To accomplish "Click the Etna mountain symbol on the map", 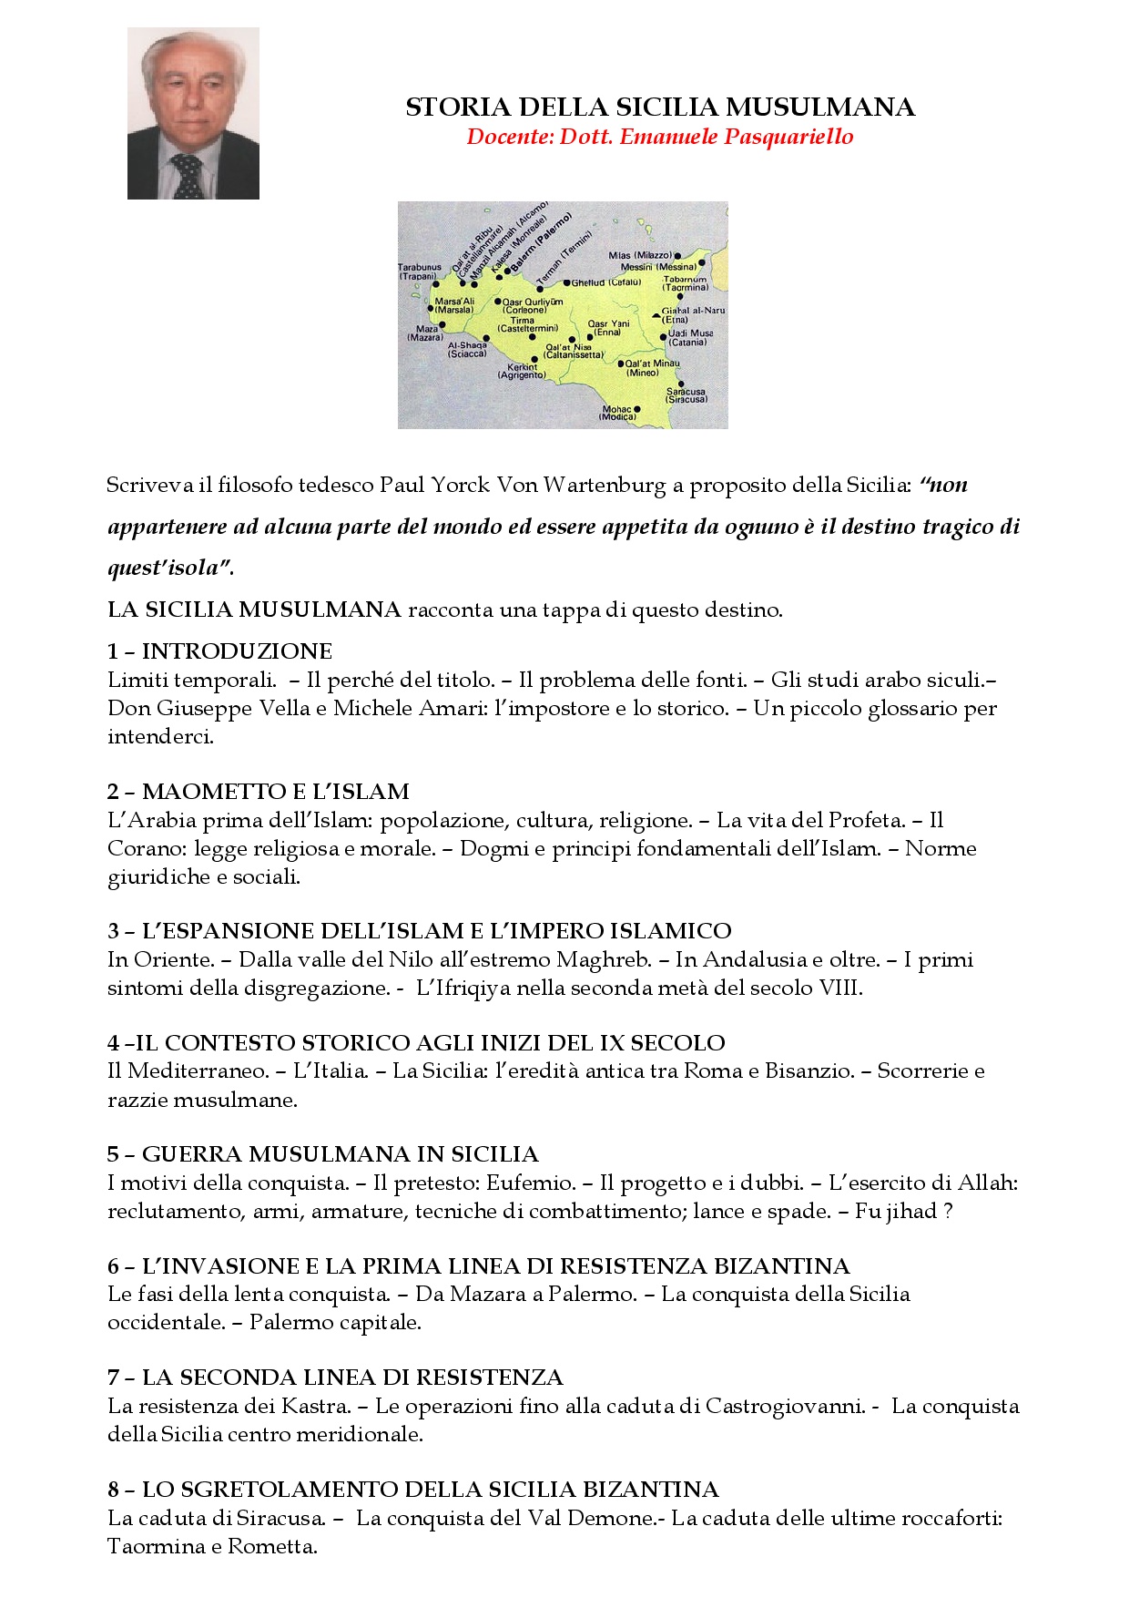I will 656,315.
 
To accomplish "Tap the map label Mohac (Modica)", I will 618,414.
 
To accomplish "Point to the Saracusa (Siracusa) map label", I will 686,395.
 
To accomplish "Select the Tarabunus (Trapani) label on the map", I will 419,271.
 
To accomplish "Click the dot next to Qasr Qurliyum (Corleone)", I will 497,301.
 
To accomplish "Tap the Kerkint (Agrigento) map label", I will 522,371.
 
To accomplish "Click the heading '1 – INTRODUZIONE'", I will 219,650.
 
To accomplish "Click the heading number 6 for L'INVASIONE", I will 113,1265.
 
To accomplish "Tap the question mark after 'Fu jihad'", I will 948,1212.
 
